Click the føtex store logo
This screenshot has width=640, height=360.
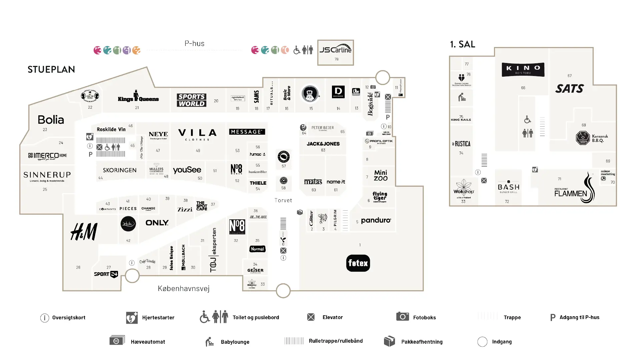point(358,263)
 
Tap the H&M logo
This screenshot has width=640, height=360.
point(84,232)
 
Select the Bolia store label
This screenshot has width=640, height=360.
point(51,120)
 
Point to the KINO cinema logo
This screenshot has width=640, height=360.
point(523,69)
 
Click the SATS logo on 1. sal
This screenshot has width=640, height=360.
point(569,88)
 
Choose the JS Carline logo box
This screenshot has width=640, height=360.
point(335,52)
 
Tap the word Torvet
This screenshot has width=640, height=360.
point(283,200)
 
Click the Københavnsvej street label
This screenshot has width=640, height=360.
point(184,288)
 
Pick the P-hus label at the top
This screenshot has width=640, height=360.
point(194,44)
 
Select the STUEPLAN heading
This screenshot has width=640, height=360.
point(51,69)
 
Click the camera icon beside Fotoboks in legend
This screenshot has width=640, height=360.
point(402,316)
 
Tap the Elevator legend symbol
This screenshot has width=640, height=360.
point(311,317)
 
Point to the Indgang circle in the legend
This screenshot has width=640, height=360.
point(482,342)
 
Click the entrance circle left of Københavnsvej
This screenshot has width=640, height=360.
point(132,276)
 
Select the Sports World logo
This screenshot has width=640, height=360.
point(191,100)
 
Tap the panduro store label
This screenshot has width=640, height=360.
point(376,220)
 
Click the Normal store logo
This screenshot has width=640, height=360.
point(257,249)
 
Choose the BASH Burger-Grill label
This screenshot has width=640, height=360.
point(508,188)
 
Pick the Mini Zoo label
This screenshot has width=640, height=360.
point(381,175)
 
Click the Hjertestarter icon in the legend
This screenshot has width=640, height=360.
point(132,317)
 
